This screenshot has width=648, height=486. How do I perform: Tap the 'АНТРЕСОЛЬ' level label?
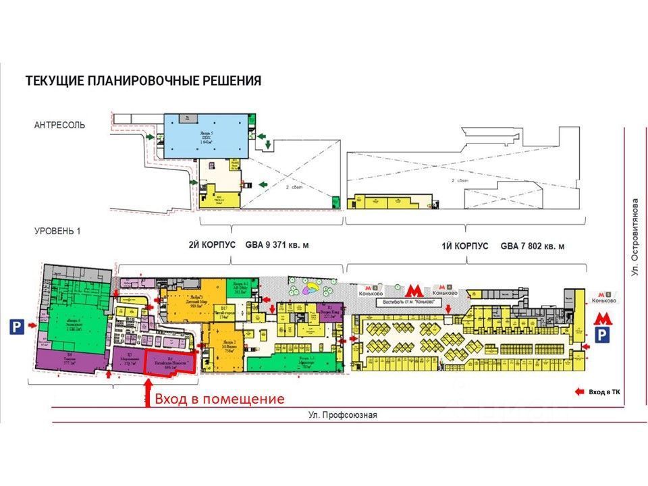[59, 126]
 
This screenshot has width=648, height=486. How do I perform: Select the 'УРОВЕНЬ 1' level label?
[57, 232]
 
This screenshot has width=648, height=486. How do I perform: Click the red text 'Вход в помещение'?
[219, 399]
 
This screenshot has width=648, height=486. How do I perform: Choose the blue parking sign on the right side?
[603, 335]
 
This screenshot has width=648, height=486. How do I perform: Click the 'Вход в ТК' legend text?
[604, 391]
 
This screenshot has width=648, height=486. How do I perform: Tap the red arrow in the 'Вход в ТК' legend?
[579, 391]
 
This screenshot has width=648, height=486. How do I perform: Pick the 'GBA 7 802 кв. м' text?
[533, 246]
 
